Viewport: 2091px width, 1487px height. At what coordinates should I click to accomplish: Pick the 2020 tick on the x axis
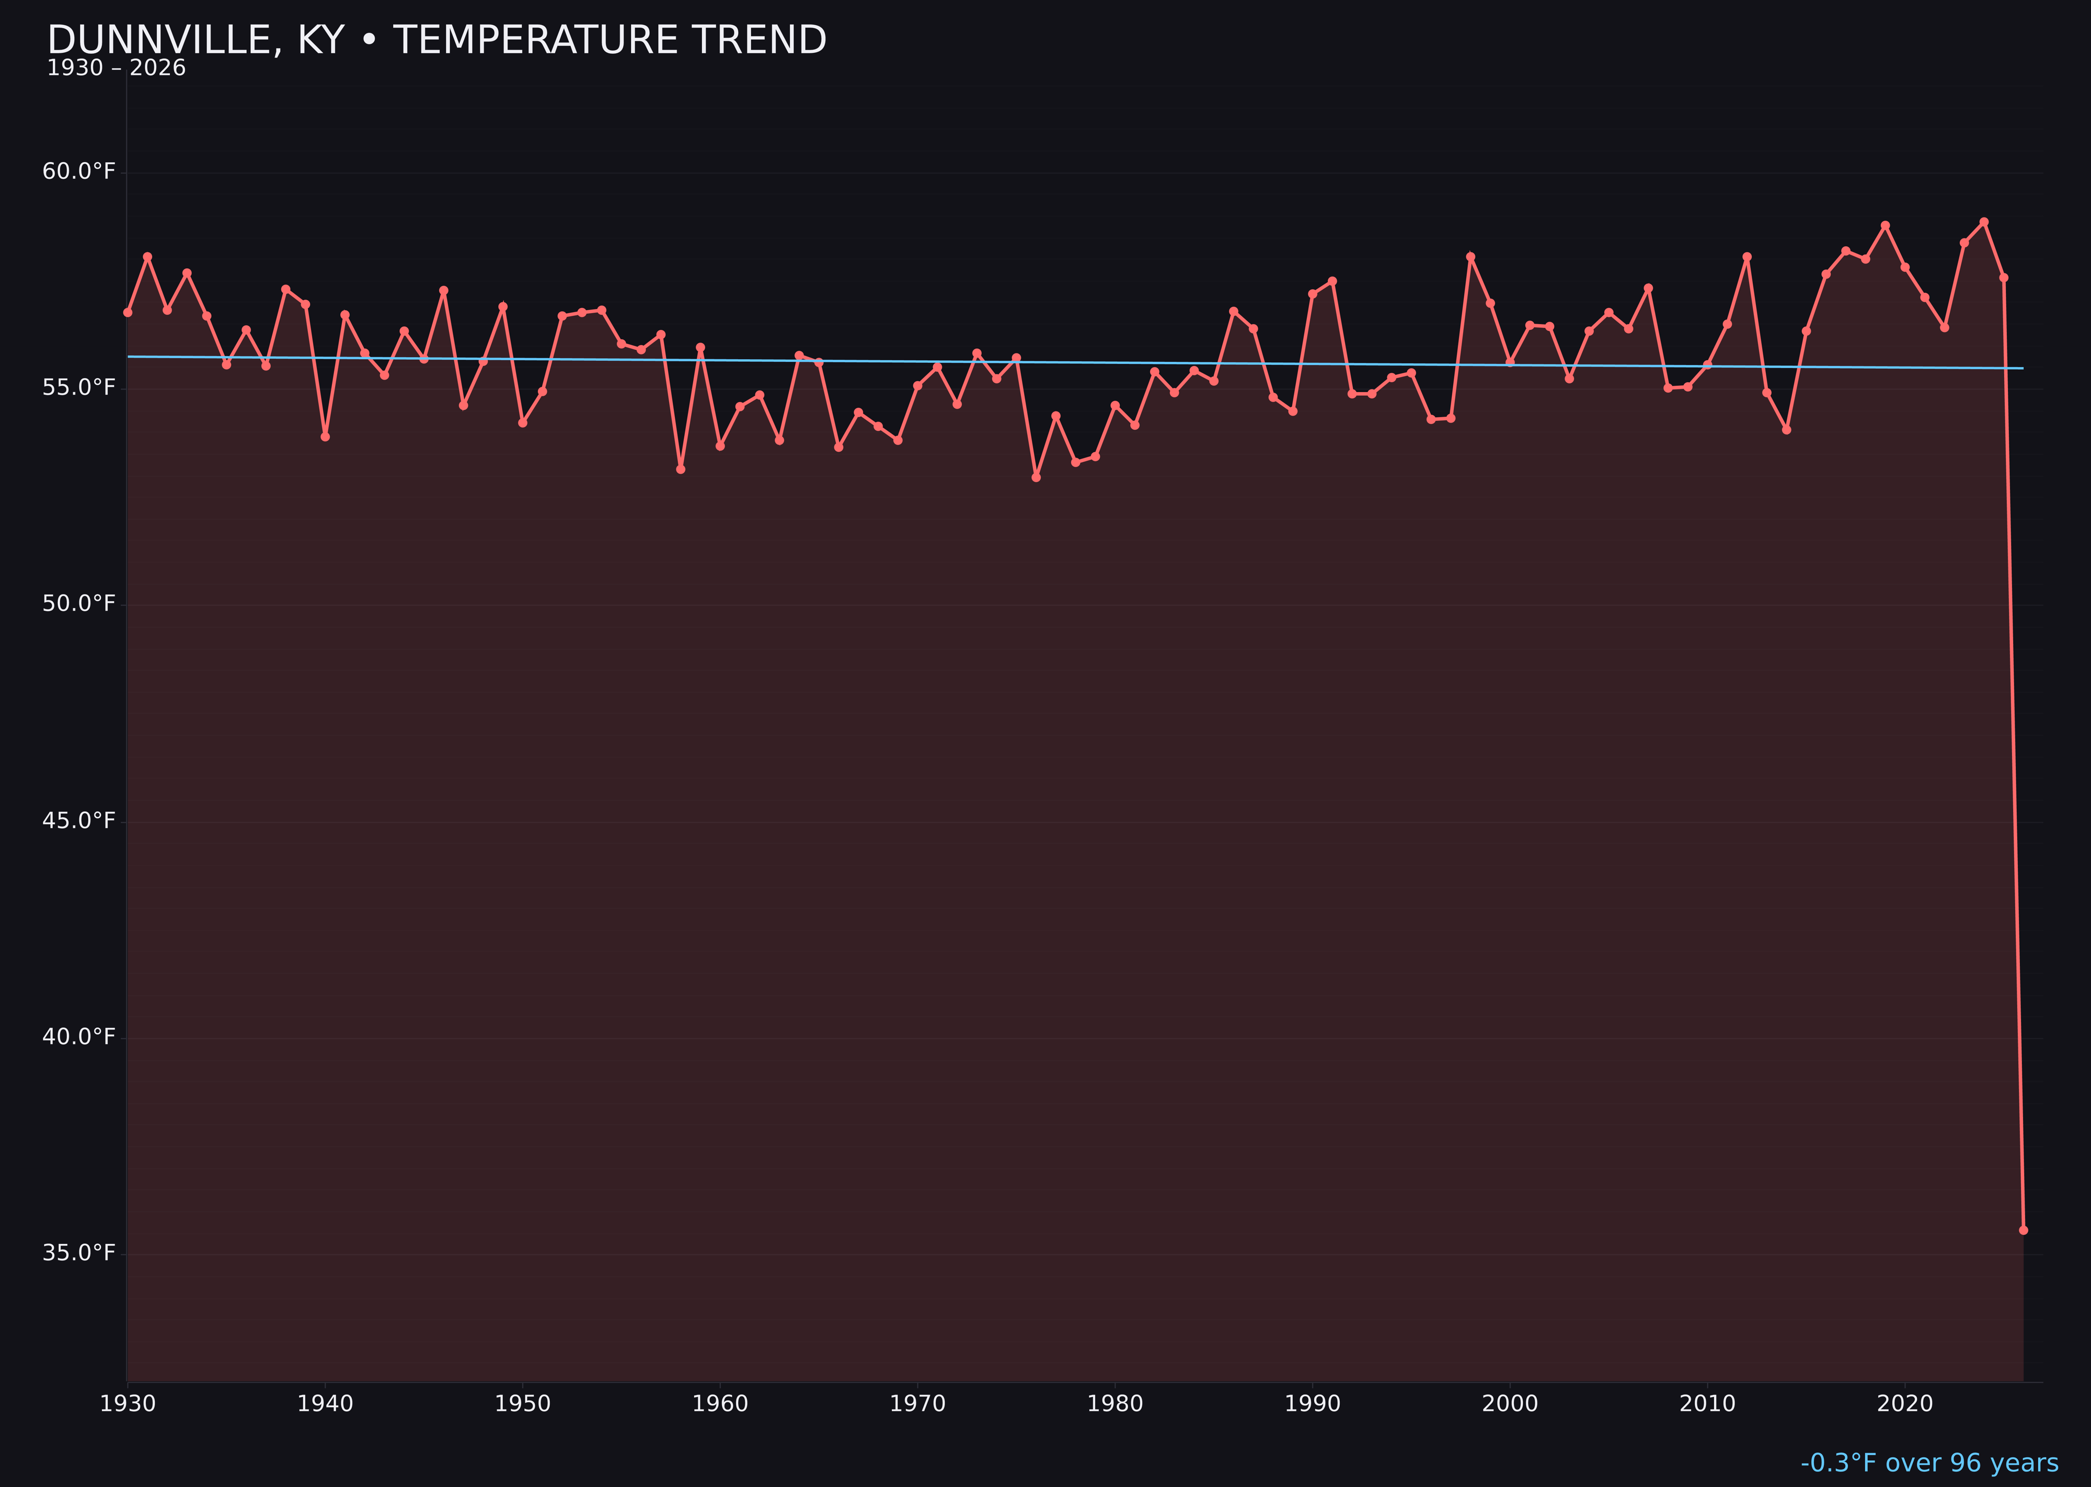click(x=1904, y=1404)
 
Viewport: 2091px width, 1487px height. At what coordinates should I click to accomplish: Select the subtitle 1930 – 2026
click(x=116, y=68)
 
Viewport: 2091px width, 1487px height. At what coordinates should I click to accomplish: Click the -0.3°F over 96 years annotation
click(x=1929, y=1462)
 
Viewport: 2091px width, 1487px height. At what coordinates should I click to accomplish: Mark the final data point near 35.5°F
click(x=2023, y=1230)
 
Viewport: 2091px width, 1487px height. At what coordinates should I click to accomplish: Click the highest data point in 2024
click(x=1984, y=222)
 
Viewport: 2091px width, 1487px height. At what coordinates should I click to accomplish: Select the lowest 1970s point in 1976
click(x=1036, y=477)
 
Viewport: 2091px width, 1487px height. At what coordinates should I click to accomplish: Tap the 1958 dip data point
click(x=680, y=469)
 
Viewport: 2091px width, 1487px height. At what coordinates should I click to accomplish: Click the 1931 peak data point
click(x=147, y=256)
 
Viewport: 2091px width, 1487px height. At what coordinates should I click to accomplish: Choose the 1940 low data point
click(x=325, y=437)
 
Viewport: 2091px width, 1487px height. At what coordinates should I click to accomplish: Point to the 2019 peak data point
click(x=1885, y=225)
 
